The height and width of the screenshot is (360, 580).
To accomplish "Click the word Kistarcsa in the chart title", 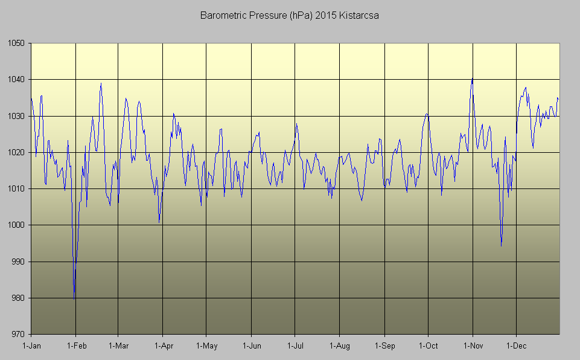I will [359, 15].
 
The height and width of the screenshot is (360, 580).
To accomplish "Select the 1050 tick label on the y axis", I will [16, 43].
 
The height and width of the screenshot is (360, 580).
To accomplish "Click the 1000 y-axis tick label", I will [16, 225].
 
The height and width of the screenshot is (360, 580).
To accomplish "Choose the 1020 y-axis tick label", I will [16, 152].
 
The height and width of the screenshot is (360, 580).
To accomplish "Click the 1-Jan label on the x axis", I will [31, 346].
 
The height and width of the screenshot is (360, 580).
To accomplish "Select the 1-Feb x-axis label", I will [76, 346].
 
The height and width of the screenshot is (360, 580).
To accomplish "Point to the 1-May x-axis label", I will [206, 346].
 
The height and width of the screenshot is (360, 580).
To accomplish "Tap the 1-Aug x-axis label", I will [340, 346].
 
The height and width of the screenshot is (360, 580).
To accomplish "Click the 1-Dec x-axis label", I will [516, 346].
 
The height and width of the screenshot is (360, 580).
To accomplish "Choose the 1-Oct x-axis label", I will [428, 346].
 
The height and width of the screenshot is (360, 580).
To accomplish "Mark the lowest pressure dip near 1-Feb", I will [74, 298].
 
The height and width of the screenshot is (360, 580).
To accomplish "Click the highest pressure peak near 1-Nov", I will [472, 79].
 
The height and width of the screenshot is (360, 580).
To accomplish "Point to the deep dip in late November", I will [501, 245].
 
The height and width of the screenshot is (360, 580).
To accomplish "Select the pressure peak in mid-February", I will [101, 84].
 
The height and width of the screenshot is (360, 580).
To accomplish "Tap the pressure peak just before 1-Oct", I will [426, 114].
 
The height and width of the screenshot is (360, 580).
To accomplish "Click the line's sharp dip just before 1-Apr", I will [159, 222].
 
